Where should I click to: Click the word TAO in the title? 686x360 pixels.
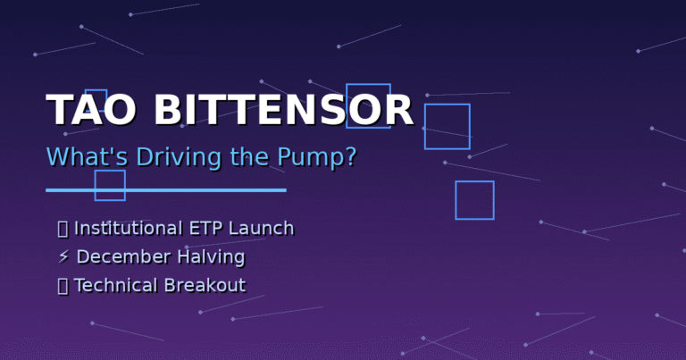pyautogui.click(x=90, y=110)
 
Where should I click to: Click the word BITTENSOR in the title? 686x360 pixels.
pyautogui.click(x=283, y=110)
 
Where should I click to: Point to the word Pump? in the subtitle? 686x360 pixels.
pyautogui.click(x=317, y=157)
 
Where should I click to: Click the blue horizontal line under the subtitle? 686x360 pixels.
pyautogui.click(x=166, y=190)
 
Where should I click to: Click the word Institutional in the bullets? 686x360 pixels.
pyautogui.click(x=129, y=229)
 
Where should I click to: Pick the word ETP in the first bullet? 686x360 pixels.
pyautogui.click(x=205, y=229)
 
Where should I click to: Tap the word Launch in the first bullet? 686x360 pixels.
pyautogui.click(x=261, y=229)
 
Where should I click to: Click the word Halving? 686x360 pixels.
pyautogui.click(x=211, y=257)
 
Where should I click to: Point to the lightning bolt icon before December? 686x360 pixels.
pyautogui.click(x=64, y=256)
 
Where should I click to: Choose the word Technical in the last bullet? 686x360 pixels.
pyautogui.click(x=115, y=285)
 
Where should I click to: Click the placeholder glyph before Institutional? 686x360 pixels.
pyautogui.click(x=63, y=230)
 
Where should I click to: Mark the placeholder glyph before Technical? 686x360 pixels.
pyautogui.click(x=63, y=287)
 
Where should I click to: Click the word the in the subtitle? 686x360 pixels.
pyautogui.click(x=249, y=156)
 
